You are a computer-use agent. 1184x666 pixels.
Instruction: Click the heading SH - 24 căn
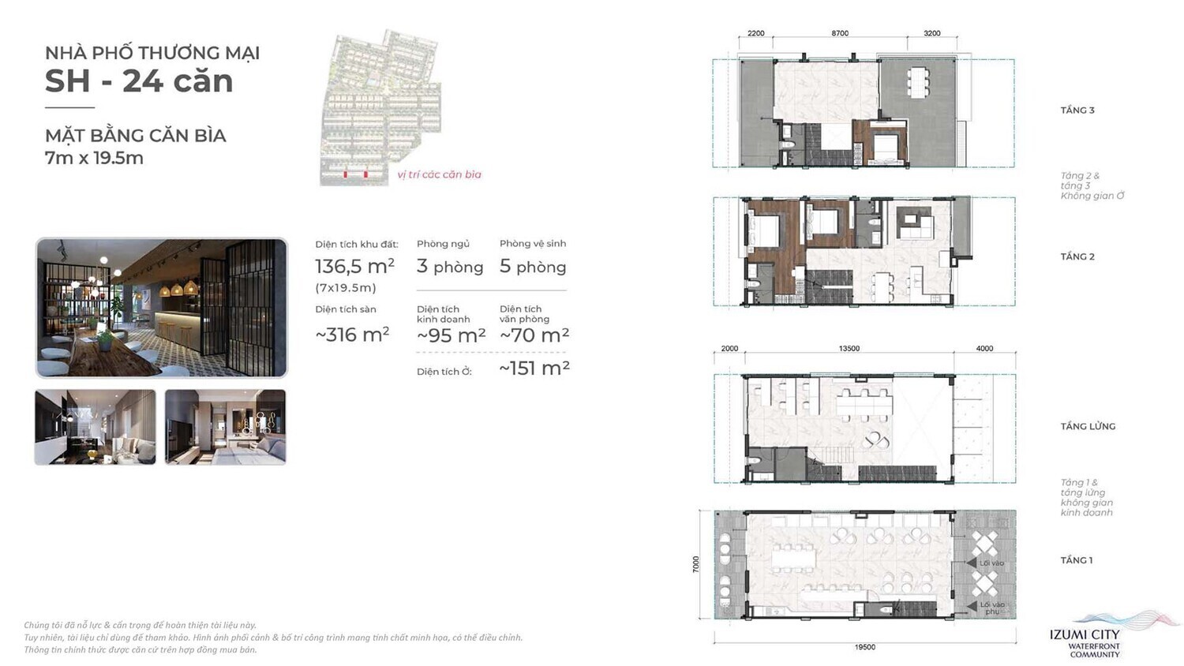pos(139,81)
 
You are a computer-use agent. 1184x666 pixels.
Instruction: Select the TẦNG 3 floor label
pos(1077,110)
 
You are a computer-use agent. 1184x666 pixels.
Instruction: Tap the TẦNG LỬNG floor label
pos(1088,426)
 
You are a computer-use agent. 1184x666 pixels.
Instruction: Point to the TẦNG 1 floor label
pos(1077,560)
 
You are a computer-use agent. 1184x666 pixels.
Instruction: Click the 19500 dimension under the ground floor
pos(864,647)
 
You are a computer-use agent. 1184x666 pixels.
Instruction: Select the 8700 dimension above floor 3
pos(840,33)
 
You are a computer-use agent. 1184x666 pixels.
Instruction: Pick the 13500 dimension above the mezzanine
pos(849,348)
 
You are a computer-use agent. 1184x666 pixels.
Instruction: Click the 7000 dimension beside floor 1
pos(696,564)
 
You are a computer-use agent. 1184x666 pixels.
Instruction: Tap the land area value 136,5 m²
pos(354,267)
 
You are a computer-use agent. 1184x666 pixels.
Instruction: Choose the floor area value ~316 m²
pos(352,335)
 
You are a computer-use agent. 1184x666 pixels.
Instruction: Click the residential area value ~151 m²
pos(534,369)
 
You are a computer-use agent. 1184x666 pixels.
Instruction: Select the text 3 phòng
pos(450,267)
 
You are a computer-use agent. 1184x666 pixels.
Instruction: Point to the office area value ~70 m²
pos(534,335)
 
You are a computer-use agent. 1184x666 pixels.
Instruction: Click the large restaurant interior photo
pos(162,308)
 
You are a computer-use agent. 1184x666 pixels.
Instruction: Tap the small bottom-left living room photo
pos(96,427)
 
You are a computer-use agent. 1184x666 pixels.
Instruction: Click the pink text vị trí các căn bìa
pos(439,174)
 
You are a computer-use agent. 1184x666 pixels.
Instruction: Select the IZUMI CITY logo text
pos(1085,635)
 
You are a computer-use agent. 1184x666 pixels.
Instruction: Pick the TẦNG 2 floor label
pos(1077,256)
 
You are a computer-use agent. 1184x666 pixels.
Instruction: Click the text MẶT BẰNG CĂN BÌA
pos(136,136)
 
